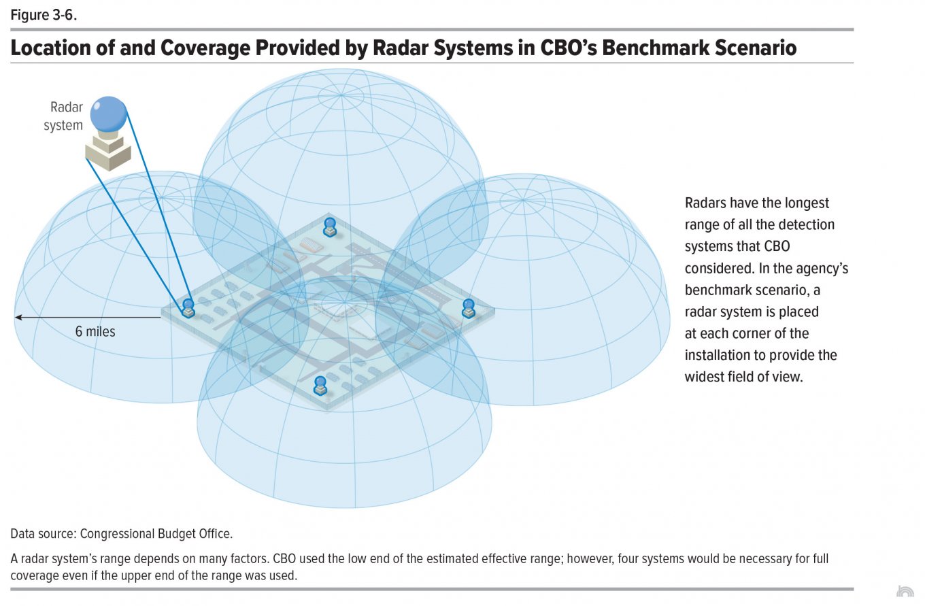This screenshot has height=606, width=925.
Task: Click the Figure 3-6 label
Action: click(44, 15)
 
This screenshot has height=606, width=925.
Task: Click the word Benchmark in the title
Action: click(656, 48)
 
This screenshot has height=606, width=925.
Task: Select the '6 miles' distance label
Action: click(95, 331)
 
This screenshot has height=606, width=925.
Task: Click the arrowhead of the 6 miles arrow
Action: click(18, 318)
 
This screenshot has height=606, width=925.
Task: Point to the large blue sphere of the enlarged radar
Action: click(108, 114)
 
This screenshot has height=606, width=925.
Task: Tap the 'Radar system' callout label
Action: click(63, 116)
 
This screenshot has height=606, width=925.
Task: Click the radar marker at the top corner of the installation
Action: click(329, 227)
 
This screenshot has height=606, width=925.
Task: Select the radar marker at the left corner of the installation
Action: click(188, 309)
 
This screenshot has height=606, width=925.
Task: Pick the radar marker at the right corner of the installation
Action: click(468, 308)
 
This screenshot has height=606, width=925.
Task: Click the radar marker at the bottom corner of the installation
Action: click(320, 386)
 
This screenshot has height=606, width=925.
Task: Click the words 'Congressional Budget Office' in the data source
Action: click(156, 534)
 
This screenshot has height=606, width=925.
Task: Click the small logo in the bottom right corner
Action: click(905, 591)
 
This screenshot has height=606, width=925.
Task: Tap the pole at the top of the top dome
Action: click(341, 95)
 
